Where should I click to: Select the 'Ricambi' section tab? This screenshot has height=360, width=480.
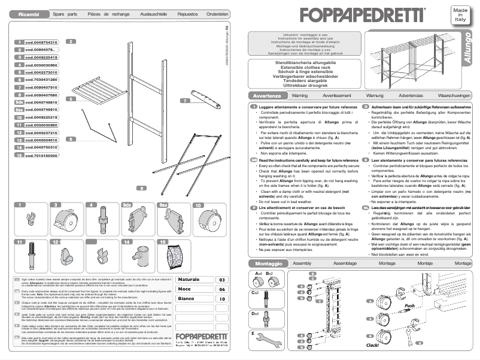29,13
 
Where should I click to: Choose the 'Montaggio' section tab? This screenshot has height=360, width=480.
266,264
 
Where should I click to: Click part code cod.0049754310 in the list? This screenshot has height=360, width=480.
41,43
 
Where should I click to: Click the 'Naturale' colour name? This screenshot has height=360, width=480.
189,280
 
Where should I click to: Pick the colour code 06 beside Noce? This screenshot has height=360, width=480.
221,289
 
